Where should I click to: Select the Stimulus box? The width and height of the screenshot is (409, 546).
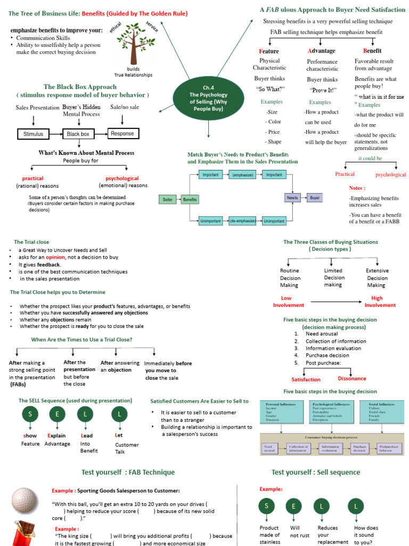pos(34,134)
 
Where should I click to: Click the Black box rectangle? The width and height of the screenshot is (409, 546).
pos(78,134)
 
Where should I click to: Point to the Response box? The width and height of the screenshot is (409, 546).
pos(123,133)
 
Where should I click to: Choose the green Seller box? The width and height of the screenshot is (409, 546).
pos(167,199)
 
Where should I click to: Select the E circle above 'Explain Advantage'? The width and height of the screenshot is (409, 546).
pos(57,414)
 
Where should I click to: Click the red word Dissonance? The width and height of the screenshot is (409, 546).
pos(352,378)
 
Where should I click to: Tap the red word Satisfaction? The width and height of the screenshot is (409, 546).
pos(306,380)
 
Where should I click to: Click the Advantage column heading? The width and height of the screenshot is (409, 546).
pos(322,51)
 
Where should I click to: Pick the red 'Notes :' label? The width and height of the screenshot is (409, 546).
pos(357,188)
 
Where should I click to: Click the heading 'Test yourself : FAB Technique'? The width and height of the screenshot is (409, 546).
pos(128,472)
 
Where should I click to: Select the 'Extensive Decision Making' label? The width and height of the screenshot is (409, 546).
pos(377,278)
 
